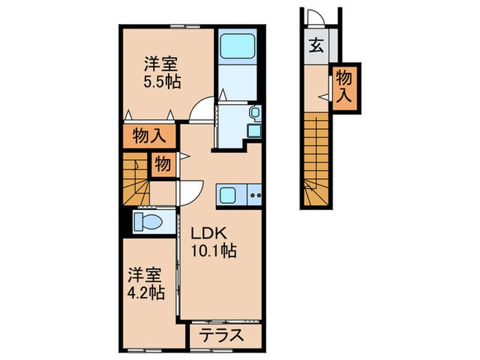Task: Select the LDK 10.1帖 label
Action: pos(213,242)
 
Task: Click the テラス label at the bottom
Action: pos(223,335)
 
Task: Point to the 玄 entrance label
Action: pos(316,47)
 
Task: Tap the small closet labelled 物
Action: pos(162,164)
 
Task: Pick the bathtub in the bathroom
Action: pos(237,48)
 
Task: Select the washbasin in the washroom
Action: pos(254,112)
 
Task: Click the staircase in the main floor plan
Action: pos(136,179)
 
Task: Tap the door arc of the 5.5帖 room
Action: pos(202,110)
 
